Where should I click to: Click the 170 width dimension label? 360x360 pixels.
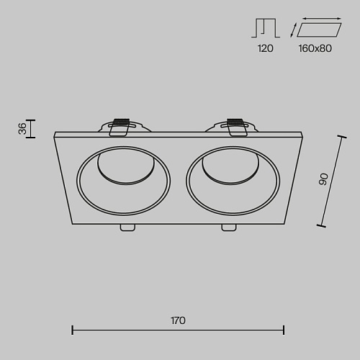(178, 320)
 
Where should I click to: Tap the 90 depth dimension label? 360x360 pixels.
(323, 179)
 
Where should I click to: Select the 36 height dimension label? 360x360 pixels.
(22, 128)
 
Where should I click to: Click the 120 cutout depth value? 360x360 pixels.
(265, 48)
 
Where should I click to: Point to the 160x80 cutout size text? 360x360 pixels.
(315, 48)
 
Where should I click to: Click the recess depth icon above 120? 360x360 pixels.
(266, 28)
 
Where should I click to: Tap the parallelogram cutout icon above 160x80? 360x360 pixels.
(319, 30)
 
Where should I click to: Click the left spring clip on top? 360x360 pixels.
(119, 127)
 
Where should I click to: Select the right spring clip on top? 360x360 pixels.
(237, 127)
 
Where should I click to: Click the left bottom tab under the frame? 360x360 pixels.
(127, 228)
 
